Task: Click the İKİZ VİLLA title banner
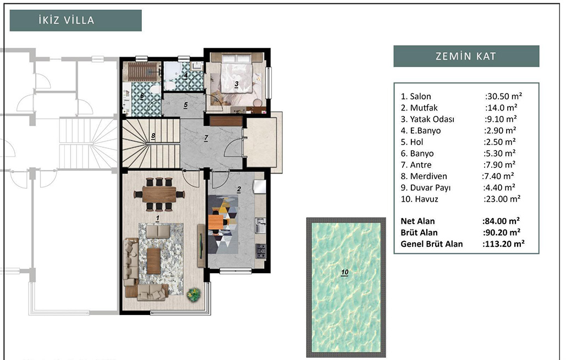[x=75, y=20]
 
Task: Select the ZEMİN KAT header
[x=466, y=56]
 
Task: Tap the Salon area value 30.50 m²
[x=504, y=96]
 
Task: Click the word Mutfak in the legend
[x=424, y=108]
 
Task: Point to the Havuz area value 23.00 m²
[x=503, y=199]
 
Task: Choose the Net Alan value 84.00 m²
[x=502, y=221]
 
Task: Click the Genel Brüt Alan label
[x=432, y=244]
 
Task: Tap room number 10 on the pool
[x=345, y=273]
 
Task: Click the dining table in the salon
[x=159, y=195]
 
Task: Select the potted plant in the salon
[x=193, y=294]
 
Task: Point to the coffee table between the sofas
[x=153, y=261]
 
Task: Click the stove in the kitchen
[x=261, y=251]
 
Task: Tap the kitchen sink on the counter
[x=260, y=225]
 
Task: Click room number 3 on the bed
[x=237, y=85]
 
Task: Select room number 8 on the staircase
[x=153, y=136]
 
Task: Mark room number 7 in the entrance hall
[x=206, y=138]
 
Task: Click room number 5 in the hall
[x=185, y=105]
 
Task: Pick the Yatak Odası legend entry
[x=427, y=119]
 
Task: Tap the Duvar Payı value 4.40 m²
[x=499, y=187]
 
